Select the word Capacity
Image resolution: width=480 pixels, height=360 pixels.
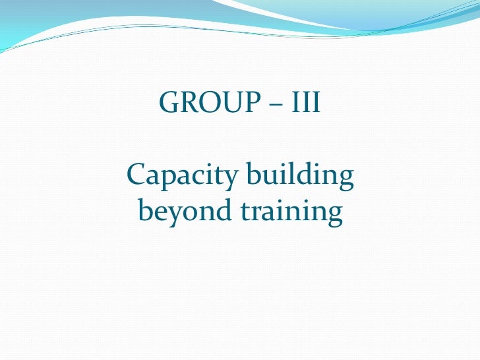coord(180,176)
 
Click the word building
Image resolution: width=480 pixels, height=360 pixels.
coord(299,176)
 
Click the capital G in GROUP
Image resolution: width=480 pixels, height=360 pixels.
coord(169,103)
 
